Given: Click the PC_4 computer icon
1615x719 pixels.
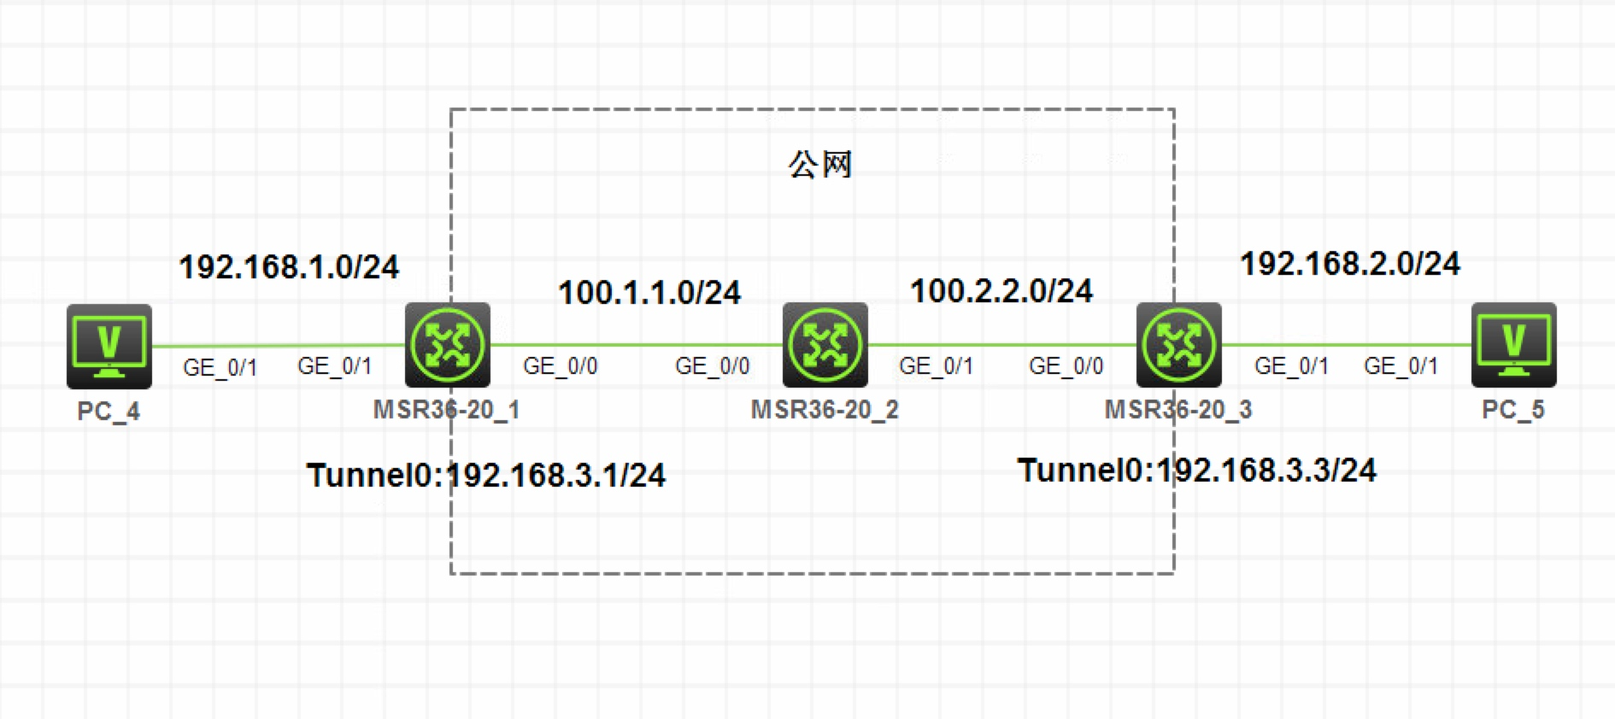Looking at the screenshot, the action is coord(109,347).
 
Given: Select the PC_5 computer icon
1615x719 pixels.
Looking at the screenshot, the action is coord(1513,345).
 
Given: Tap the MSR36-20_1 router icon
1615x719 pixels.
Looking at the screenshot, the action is coord(447,345).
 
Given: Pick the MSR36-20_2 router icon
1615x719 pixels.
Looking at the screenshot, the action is coord(825,345).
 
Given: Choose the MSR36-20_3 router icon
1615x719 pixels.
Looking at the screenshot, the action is coord(1178,345).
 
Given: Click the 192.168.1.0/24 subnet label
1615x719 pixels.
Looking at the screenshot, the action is coord(289,267).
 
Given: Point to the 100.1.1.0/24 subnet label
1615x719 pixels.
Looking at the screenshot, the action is coord(649,293).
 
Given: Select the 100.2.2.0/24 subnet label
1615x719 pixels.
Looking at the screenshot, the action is coord(1001,291).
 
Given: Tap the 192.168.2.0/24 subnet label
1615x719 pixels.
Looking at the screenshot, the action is coord(1350,264).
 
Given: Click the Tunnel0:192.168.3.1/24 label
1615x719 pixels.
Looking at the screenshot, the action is coord(486,476).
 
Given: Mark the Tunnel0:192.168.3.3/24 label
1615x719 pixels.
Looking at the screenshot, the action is coord(1197,471).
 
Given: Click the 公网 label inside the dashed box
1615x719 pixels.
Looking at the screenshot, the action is coord(820,164).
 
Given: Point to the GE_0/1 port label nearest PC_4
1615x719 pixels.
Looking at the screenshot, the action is coord(220,368).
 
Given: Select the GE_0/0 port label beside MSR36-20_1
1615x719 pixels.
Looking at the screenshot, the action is coord(560,366).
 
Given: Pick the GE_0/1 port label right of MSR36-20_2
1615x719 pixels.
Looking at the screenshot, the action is coord(936,366).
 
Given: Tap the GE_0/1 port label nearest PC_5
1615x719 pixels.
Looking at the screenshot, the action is coord(1401,366).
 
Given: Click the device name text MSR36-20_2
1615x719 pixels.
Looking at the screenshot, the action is coord(825,410).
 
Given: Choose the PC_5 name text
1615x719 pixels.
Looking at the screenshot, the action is coord(1513,410).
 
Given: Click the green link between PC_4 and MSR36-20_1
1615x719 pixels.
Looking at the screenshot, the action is coord(279,346).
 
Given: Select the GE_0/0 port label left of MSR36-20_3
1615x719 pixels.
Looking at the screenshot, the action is coord(1066,366).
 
